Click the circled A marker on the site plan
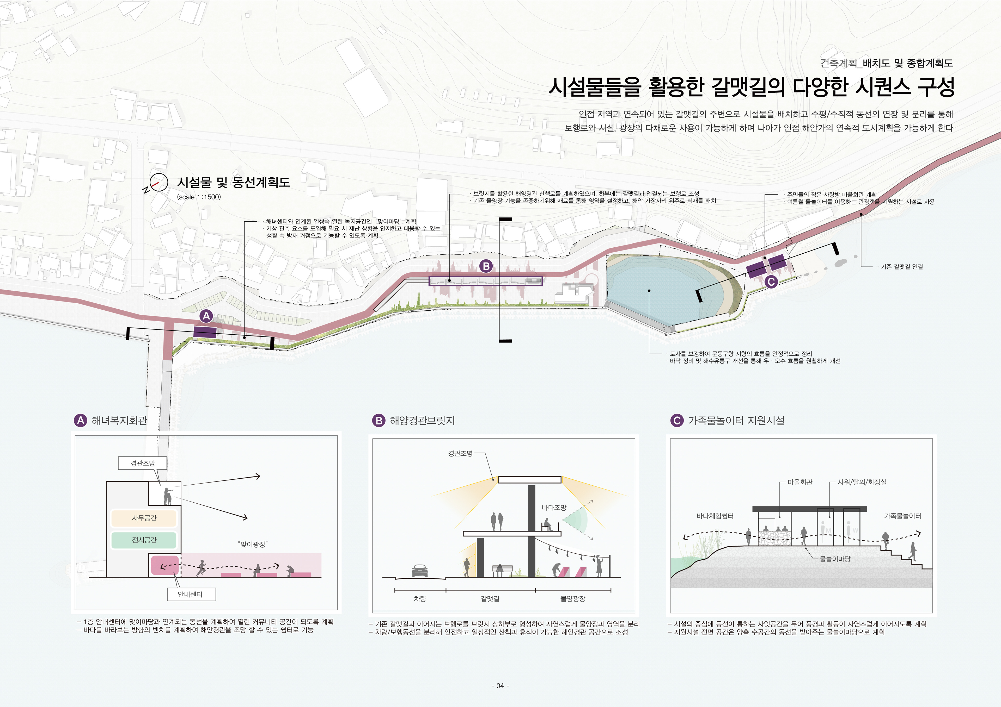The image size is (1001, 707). (x=206, y=316)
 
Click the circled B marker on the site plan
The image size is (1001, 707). (x=486, y=266)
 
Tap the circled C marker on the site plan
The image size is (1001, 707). (x=771, y=281)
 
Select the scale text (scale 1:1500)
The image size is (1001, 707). (x=199, y=197)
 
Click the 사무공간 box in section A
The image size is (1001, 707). (x=144, y=518)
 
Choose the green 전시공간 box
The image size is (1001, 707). (x=144, y=540)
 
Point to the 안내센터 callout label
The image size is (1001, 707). (x=191, y=594)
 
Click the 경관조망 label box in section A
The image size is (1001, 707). (x=143, y=463)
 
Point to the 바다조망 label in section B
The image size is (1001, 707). (x=554, y=508)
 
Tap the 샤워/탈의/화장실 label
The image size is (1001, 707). (x=862, y=482)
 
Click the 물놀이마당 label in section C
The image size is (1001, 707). (x=834, y=559)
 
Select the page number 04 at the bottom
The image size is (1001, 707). (x=500, y=686)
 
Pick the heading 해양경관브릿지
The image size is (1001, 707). (x=422, y=420)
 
